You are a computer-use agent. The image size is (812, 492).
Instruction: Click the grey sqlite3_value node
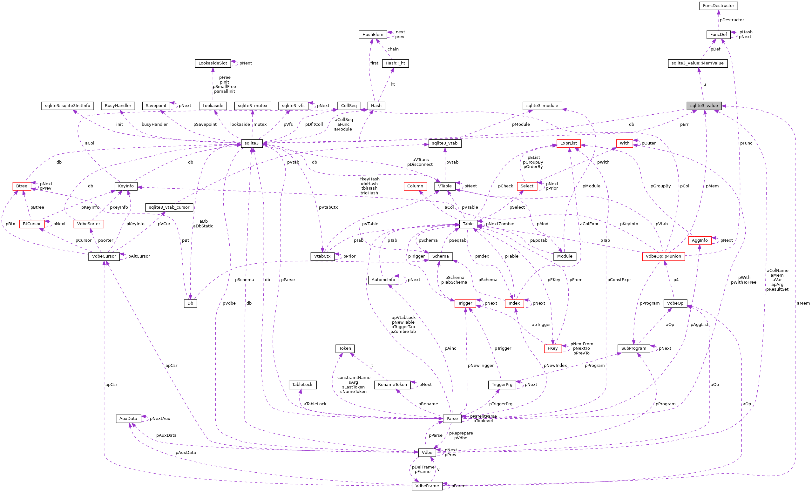(x=704, y=106)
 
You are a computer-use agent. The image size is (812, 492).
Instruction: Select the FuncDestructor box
(x=718, y=6)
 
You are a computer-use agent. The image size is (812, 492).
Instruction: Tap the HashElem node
(x=373, y=35)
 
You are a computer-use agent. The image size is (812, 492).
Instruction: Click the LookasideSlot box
(x=213, y=63)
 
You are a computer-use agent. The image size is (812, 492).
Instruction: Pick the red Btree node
(x=22, y=186)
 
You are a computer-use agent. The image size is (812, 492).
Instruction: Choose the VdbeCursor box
(x=104, y=256)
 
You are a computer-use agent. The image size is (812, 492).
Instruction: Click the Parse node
(x=452, y=419)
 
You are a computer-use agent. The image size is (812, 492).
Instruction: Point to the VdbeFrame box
(x=427, y=486)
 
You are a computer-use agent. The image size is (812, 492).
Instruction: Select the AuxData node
(x=128, y=419)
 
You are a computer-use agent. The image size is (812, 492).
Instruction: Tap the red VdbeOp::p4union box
(x=663, y=256)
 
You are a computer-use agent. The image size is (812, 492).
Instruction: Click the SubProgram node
(x=633, y=348)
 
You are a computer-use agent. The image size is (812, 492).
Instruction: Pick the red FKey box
(x=552, y=348)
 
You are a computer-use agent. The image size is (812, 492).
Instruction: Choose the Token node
(x=345, y=348)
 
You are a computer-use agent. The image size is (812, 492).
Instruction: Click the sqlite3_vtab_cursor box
(x=169, y=207)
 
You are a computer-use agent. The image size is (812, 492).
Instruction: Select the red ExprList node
(x=568, y=143)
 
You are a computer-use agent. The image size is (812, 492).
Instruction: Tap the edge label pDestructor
(x=732, y=20)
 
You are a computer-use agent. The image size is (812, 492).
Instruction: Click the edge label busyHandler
(x=155, y=125)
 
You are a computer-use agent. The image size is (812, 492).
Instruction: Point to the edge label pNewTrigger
(x=480, y=366)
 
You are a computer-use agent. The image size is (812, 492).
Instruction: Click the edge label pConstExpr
(x=619, y=280)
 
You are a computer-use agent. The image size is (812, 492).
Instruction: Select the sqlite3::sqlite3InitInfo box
(x=68, y=106)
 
